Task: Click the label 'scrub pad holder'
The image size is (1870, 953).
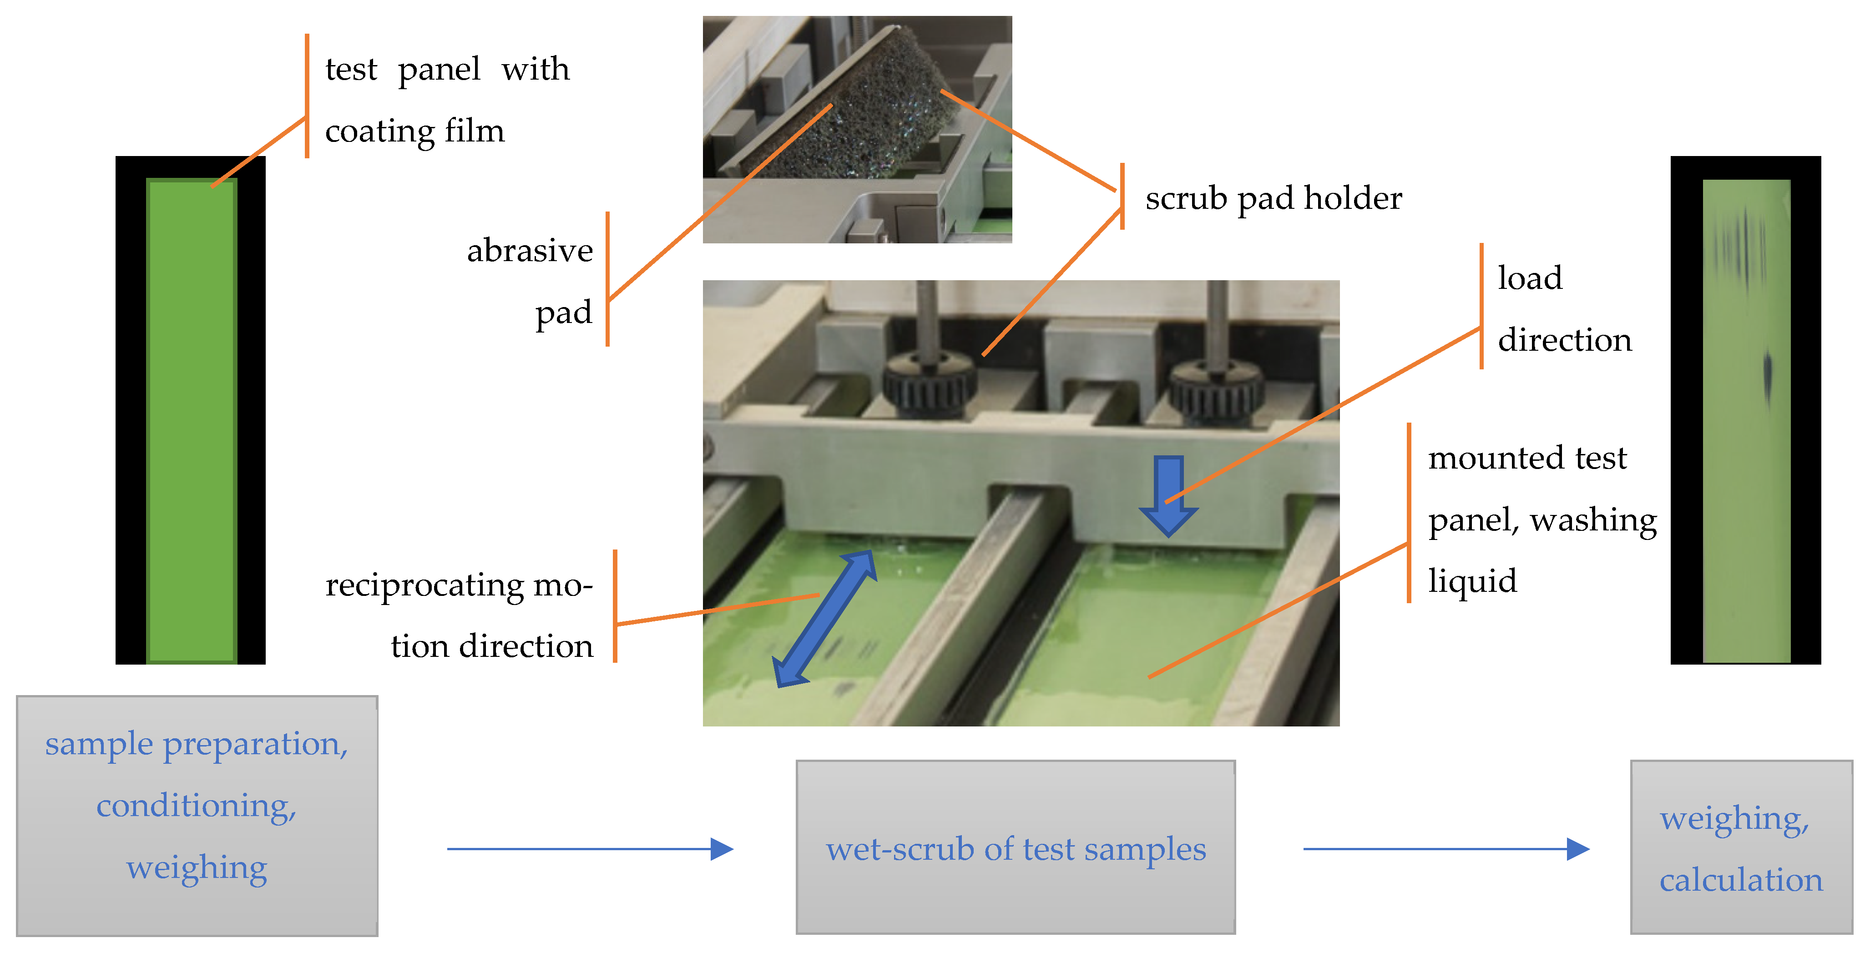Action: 1274,198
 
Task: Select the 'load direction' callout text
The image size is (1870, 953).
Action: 1564,308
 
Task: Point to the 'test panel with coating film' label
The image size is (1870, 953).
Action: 446,100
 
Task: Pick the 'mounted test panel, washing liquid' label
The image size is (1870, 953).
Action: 1541,519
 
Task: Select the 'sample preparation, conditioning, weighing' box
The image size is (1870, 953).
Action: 197,815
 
